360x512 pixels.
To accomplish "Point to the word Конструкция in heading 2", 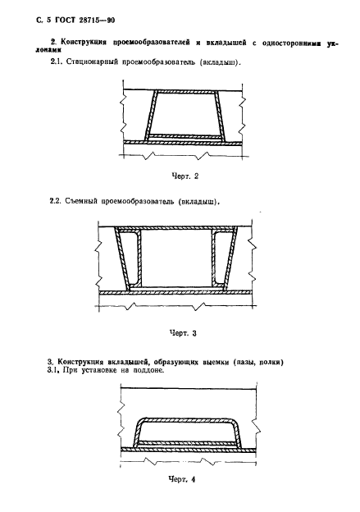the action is [85, 40].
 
